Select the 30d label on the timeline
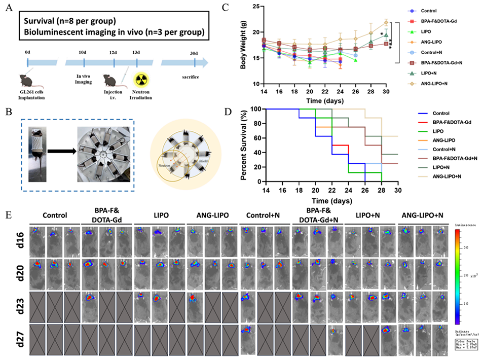coord(195,53)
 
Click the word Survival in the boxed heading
coord(41,23)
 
